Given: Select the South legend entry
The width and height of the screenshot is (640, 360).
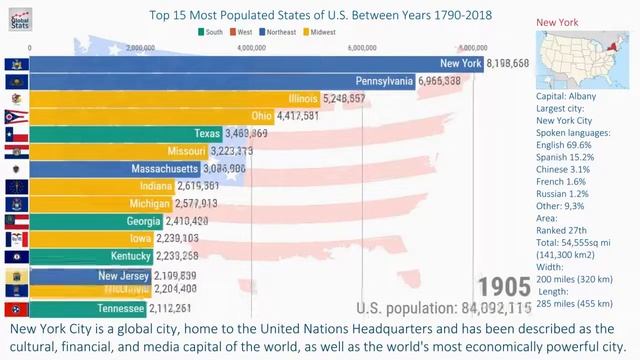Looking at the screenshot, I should tap(211, 32).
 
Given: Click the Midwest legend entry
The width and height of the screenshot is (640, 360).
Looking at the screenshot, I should tap(319, 32).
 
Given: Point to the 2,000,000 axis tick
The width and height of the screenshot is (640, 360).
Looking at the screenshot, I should tap(141, 47).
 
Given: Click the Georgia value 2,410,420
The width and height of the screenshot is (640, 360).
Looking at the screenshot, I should tap(188, 221).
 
